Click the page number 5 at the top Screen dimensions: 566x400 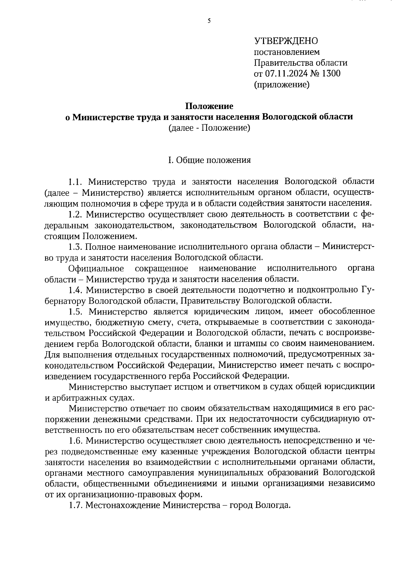209,21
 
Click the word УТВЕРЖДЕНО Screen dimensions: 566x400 286,41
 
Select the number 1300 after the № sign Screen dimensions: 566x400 331,74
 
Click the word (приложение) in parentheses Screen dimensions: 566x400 282,85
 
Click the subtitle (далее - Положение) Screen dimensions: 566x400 209,128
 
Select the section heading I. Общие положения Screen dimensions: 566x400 209,160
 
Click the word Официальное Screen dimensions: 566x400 96,268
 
